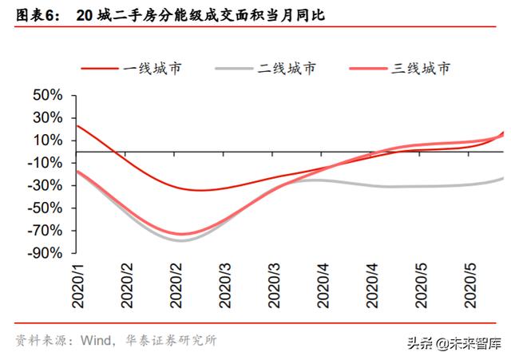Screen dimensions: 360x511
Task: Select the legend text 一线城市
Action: click(153, 68)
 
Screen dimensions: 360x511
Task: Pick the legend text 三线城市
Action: click(421, 68)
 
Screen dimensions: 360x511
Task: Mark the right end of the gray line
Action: click(503, 178)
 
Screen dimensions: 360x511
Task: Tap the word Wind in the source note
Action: click(96, 340)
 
